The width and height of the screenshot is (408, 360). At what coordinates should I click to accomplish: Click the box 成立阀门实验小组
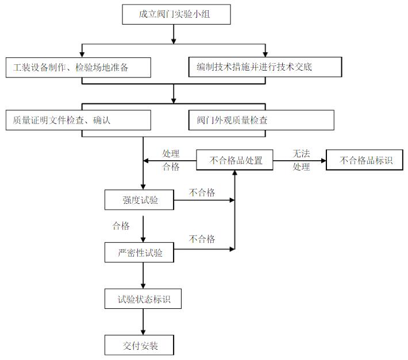point(176,14)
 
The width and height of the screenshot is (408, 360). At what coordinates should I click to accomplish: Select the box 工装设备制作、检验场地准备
point(78,67)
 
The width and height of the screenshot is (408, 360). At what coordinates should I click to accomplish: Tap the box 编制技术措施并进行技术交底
point(261,67)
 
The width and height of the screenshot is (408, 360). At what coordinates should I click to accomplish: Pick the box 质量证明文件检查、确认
point(78,120)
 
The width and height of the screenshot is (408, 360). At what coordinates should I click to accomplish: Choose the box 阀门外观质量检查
point(261,120)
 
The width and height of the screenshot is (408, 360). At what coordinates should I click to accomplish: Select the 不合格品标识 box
point(365,160)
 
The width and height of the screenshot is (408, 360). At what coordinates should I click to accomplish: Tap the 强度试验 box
point(139,200)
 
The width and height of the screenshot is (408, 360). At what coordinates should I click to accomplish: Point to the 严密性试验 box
point(139,252)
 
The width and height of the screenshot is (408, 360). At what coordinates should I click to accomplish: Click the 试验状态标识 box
point(139,299)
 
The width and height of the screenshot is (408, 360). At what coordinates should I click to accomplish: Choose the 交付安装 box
point(139,346)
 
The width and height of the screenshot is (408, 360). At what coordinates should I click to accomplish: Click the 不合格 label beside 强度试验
point(202,192)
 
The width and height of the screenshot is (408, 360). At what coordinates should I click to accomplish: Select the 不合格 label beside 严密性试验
point(202,238)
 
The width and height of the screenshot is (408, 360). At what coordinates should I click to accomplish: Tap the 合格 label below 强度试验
point(121,226)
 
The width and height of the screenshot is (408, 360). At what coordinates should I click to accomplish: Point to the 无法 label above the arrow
point(301,154)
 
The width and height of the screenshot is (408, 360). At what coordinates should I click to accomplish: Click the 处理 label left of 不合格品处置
point(171,153)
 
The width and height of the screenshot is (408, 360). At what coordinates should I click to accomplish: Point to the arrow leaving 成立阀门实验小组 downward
point(174,34)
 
